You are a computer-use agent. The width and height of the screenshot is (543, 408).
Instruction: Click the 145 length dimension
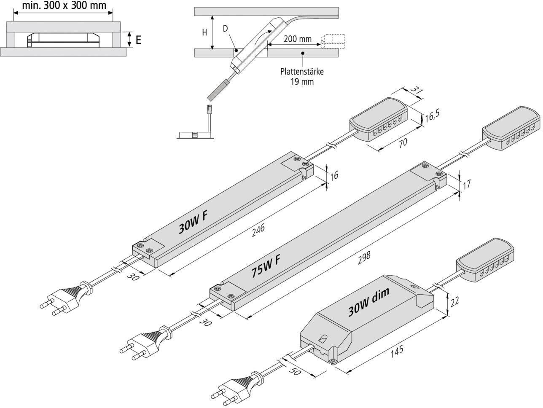click(396, 350)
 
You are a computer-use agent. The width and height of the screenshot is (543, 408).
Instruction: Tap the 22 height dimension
click(454, 301)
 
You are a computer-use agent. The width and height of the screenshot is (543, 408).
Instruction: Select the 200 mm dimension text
click(298, 39)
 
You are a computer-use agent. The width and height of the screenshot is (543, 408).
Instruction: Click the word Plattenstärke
click(302, 72)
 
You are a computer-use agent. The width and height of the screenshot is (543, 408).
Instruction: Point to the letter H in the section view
click(204, 33)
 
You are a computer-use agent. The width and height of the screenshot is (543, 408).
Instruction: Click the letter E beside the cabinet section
click(138, 40)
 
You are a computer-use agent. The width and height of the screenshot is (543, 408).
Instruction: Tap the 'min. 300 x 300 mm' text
click(64, 5)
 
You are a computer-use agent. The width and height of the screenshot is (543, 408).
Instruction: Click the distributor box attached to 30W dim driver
click(484, 260)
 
